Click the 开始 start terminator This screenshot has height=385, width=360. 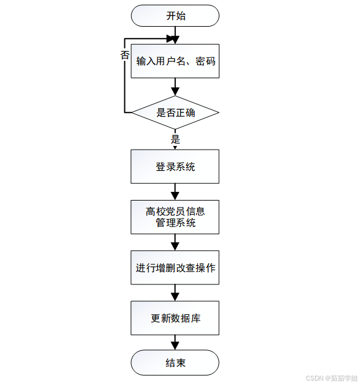pos(175,16)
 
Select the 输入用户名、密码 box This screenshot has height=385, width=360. pos(175,61)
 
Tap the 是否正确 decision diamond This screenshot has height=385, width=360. pos(175,113)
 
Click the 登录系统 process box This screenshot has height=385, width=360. pos(175,166)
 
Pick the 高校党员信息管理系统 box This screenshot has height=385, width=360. pos(175,217)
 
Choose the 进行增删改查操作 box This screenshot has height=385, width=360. pos(175,268)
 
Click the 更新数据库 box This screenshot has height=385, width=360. pos(175,318)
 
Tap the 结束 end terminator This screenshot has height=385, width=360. pos(175,363)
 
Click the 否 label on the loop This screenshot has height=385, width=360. pos(124,55)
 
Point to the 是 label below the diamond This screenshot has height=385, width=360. pos(175,139)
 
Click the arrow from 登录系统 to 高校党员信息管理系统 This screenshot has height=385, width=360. pos(175,191)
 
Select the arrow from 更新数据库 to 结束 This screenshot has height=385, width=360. pos(175,342)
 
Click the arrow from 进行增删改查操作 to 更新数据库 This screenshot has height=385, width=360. pos(175,292)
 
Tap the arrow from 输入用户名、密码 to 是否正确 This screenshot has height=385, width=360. pos(175,86)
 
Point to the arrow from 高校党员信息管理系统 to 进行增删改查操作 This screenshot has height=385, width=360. pos(175,242)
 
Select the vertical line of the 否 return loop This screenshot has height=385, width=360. pos(126,81)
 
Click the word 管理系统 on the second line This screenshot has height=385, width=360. pos(175,222)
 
